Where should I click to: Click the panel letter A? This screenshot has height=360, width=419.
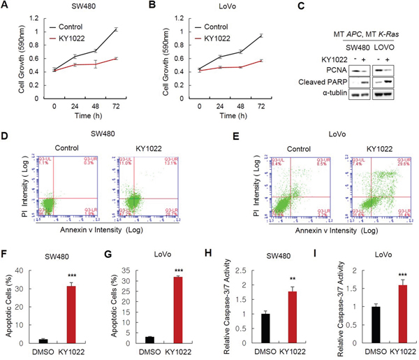tap(6, 6)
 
